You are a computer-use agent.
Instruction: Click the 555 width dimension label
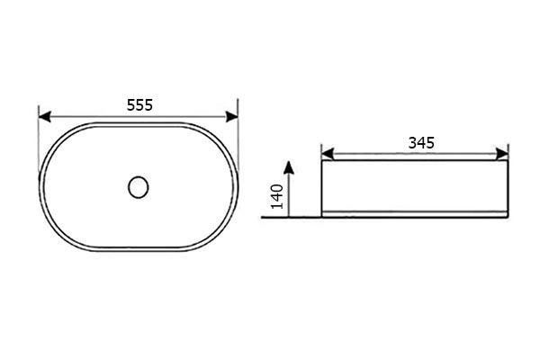coord(139,105)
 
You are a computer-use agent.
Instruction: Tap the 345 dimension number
coord(421,142)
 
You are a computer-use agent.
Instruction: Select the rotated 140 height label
coord(277,196)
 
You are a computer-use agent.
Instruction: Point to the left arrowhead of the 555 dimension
coord(45,116)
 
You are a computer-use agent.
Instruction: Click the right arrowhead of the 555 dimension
coord(232,116)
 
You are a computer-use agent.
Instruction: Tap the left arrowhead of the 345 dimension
coord(328,154)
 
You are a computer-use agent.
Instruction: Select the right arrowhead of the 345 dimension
coord(502,154)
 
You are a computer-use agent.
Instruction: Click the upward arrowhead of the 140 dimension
coord(290,167)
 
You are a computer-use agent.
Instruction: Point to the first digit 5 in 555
coord(130,105)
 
